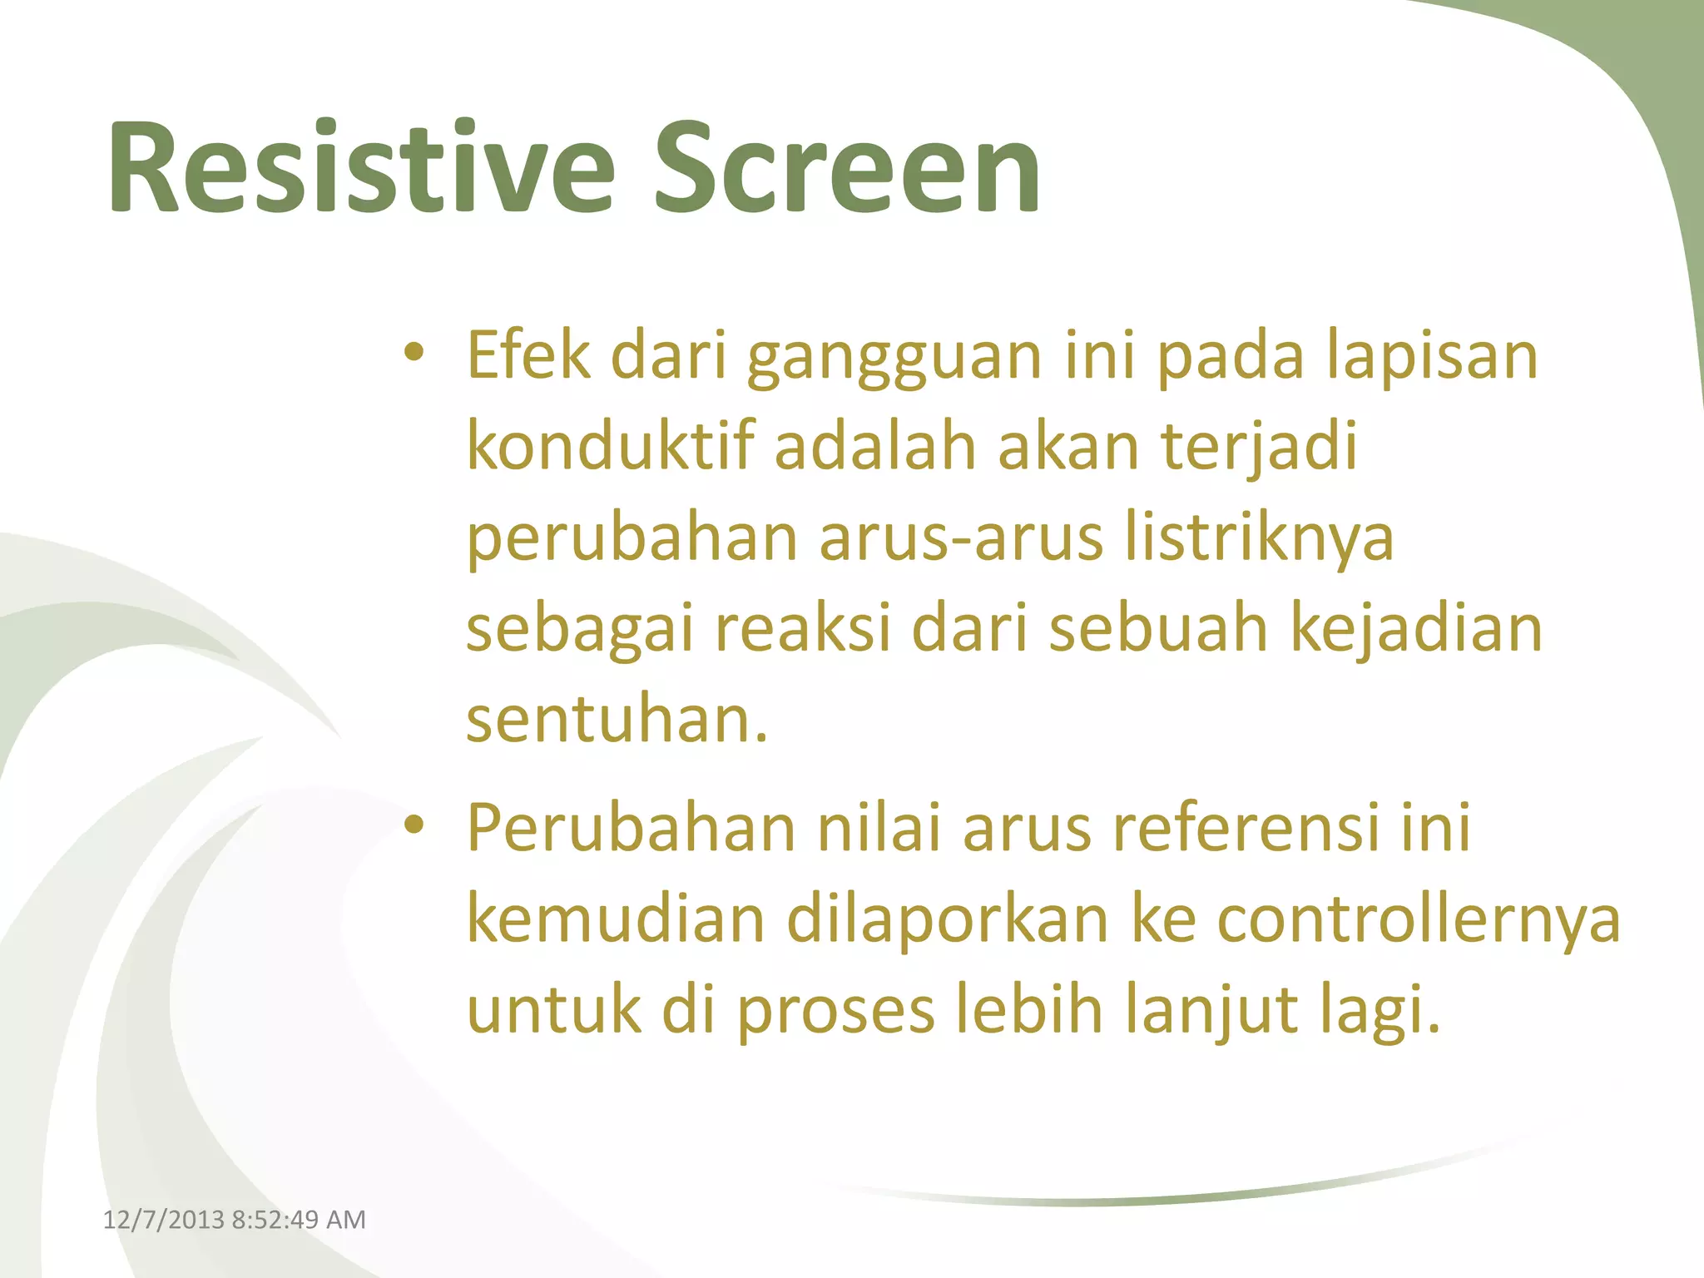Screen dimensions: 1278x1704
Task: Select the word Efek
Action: tap(528, 355)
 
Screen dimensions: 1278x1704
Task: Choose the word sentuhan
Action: tap(616, 720)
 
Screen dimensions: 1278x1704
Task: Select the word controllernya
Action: tap(1419, 920)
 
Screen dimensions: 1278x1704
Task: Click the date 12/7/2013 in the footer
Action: tap(163, 1220)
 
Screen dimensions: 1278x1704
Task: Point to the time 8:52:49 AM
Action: tap(299, 1220)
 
